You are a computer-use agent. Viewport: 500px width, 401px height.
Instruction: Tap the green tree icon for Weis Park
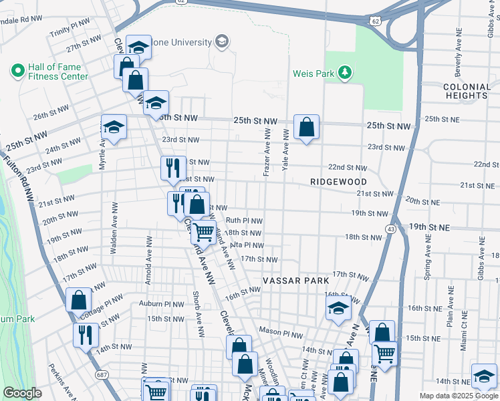click(x=345, y=73)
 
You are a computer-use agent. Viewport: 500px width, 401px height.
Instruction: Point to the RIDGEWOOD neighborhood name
click(x=339, y=182)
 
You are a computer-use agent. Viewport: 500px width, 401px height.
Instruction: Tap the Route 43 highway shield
click(x=390, y=229)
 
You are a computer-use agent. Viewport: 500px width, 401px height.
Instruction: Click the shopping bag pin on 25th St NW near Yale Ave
click(x=306, y=128)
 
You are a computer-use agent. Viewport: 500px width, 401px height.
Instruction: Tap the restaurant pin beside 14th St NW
click(x=86, y=335)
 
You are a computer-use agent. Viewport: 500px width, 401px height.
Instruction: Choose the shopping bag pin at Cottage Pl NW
click(x=79, y=299)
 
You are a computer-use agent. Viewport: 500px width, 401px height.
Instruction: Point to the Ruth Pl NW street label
click(x=244, y=220)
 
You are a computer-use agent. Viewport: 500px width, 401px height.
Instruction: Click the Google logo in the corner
click(x=22, y=394)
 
